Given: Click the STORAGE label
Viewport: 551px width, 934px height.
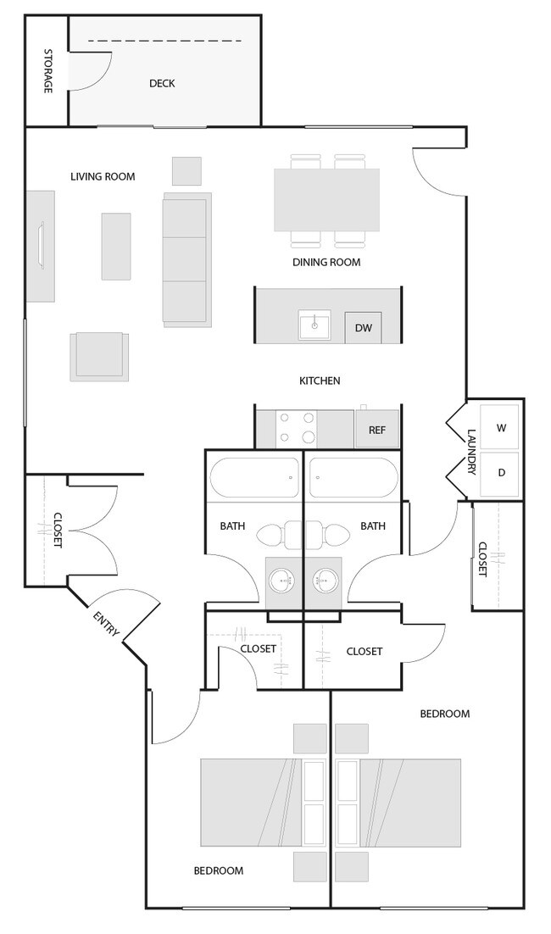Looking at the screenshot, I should click(x=47, y=71).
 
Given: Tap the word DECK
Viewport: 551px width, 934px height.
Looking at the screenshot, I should click(x=162, y=83).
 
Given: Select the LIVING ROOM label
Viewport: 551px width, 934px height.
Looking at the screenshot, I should click(x=103, y=177).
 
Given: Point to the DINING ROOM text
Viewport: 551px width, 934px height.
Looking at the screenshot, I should click(x=326, y=262).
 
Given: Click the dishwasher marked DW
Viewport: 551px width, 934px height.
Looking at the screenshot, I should click(x=363, y=327).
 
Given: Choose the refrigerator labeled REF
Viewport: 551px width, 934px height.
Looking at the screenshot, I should click(x=376, y=430).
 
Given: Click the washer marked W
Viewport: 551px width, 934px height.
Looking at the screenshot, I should click(x=500, y=428).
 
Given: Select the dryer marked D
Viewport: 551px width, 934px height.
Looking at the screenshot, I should click(x=500, y=472).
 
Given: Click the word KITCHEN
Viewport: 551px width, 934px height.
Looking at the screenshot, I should click(x=320, y=381).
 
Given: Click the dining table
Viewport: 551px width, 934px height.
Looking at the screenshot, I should click(x=326, y=200).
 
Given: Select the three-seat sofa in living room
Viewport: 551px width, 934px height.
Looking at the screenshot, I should click(x=186, y=259).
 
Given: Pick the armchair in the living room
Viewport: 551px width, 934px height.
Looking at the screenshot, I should click(x=100, y=356).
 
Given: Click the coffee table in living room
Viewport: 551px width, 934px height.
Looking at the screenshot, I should click(x=116, y=246).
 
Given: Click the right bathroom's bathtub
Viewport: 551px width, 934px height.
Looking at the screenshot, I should click(x=352, y=478).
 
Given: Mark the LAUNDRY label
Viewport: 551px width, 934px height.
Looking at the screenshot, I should click(x=472, y=451).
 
